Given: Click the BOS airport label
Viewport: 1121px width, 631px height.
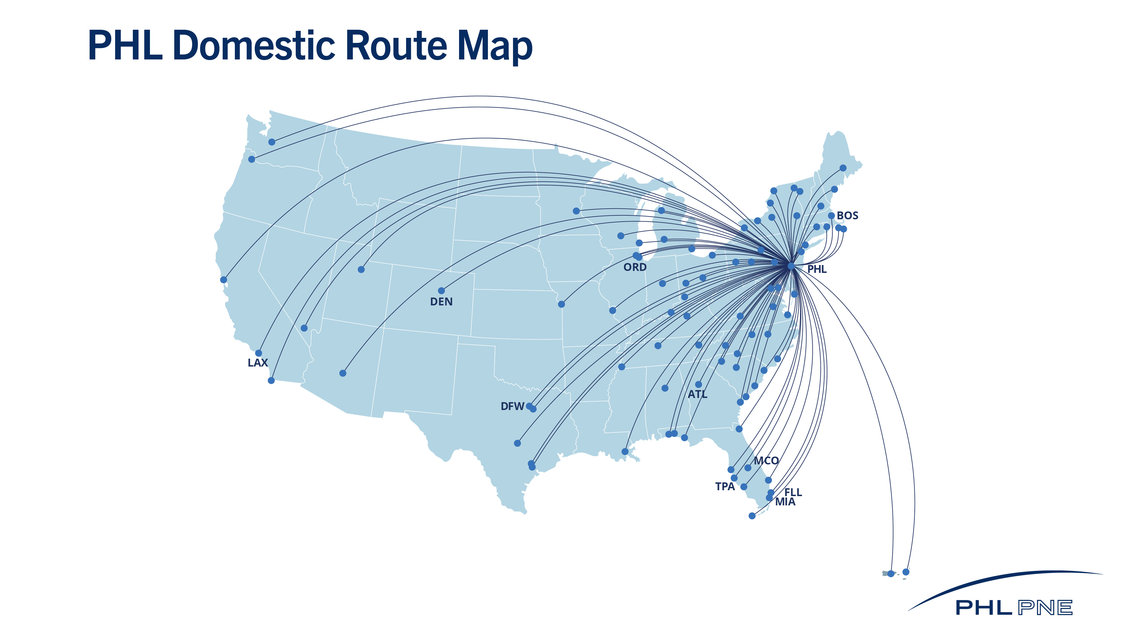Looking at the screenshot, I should click(x=847, y=216).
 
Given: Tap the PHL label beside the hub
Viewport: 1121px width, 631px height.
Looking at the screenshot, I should click(x=817, y=269).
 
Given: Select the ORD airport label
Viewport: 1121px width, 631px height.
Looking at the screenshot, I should click(x=635, y=267).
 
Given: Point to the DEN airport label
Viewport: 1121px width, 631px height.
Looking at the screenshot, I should click(x=441, y=302).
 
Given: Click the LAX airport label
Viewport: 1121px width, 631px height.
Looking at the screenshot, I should click(x=258, y=363).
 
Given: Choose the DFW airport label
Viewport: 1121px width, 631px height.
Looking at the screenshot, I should click(x=512, y=406).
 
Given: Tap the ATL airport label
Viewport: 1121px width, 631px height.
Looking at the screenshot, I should click(x=698, y=395).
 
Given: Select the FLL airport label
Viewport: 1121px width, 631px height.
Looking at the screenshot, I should click(x=793, y=492).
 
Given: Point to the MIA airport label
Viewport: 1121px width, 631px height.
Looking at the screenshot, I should click(x=785, y=502).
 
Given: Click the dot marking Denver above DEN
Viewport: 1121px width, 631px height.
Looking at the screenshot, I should click(x=441, y=291).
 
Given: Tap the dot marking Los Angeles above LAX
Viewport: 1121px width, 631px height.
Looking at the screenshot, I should click(x=258, y=353).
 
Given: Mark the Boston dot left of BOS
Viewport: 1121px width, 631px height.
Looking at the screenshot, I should click(x=831, y=216).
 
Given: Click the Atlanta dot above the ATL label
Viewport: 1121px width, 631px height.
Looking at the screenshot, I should click(x=698, y=384).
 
